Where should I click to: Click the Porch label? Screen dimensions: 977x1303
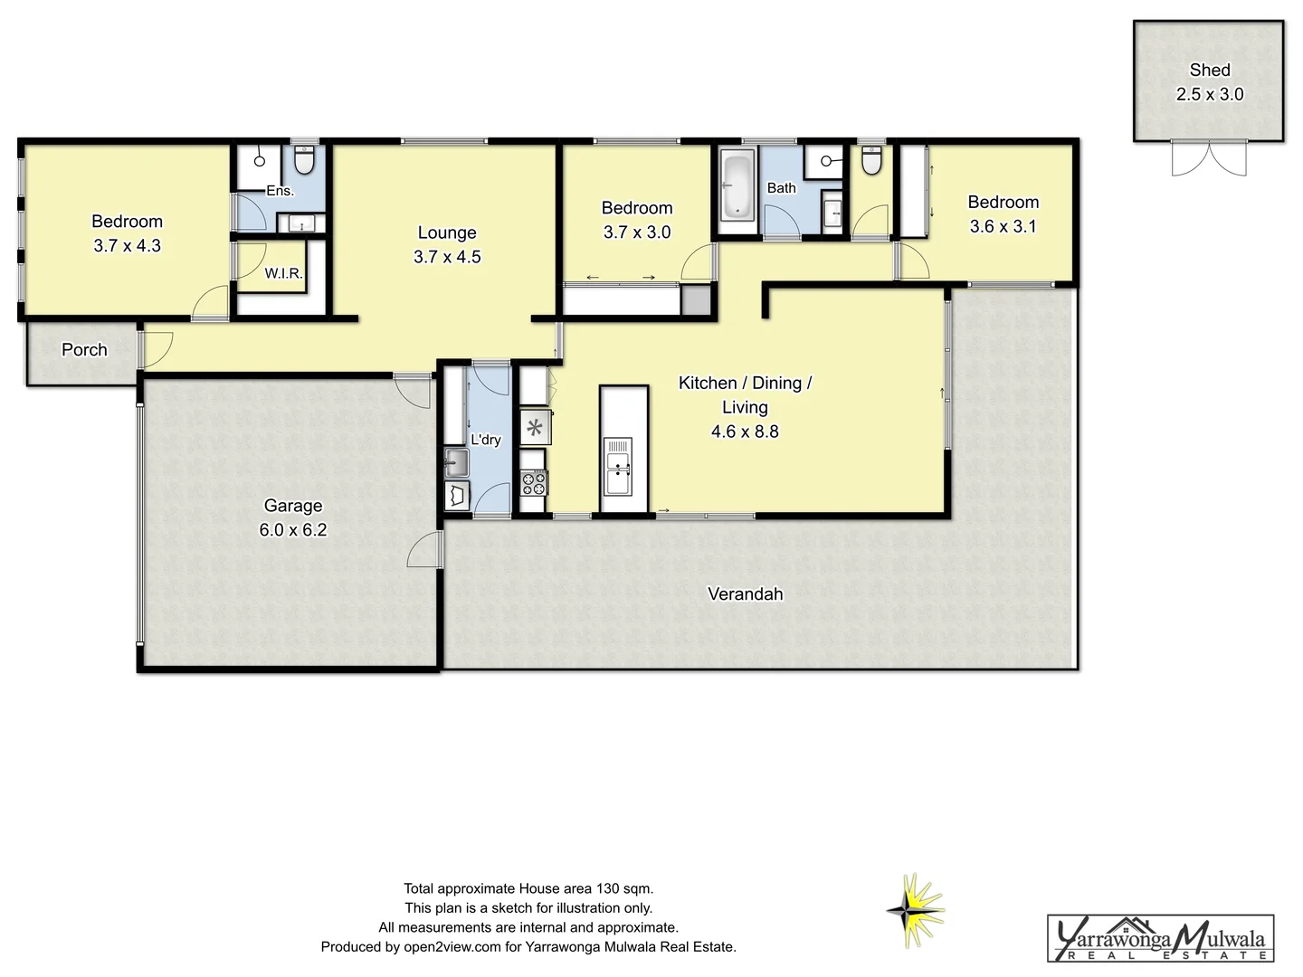click(x=84, y=350)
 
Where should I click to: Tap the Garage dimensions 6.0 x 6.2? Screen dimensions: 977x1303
click(x=293, y=530)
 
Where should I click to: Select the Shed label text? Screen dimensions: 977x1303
click(x=1210, y=70)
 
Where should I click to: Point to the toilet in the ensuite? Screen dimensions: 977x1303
click(x=304, y=161)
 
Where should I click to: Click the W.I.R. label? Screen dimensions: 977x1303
click(x=283, y=273)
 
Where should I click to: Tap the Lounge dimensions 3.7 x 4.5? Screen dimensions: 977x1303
click(x=447, y=257)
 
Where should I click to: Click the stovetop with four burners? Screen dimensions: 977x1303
click(x=534, y=483)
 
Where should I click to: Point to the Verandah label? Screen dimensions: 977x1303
click(x=745, y=594)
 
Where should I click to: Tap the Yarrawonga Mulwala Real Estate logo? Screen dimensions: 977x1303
click(x=1160, y=938)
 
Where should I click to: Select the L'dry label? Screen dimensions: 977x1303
click(x=486, y=440)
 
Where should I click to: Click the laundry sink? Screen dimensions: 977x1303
click(x=456, y=464)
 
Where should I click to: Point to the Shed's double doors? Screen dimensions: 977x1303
click(x=1209, y=157)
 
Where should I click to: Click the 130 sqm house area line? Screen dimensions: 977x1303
click(x=528, y=888)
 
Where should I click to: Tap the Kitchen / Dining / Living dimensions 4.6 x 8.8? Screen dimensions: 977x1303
click(x=745, y=432)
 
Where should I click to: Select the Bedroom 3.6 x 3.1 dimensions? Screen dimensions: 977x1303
click(x=1003, y=227)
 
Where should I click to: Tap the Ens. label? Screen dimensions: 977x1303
click(x=280, y=191)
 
